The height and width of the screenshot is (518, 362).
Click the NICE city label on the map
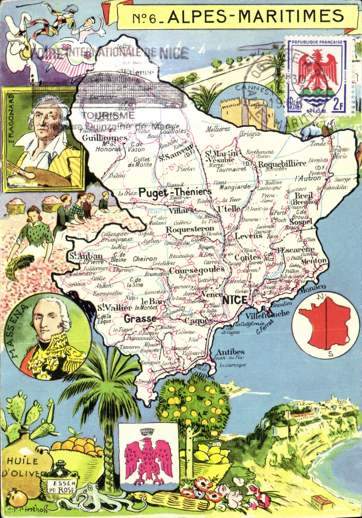click(235, 300)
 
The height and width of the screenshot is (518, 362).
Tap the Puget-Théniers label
click(175, 192)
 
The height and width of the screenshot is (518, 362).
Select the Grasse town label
click(140, 319)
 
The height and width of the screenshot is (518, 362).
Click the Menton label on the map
click(314, 261)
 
